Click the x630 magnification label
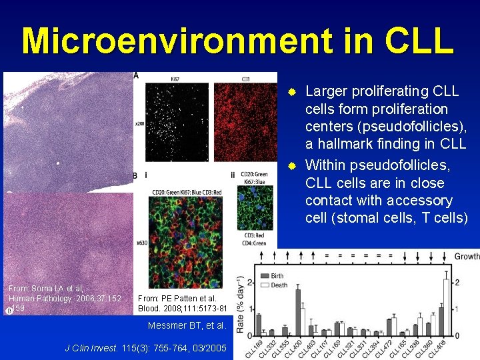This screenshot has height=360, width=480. pos(141,243)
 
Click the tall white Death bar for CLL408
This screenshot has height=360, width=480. pos(446,307)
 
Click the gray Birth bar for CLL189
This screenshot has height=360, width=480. pos(259,324)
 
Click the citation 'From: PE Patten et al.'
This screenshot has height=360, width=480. pos(177,298)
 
